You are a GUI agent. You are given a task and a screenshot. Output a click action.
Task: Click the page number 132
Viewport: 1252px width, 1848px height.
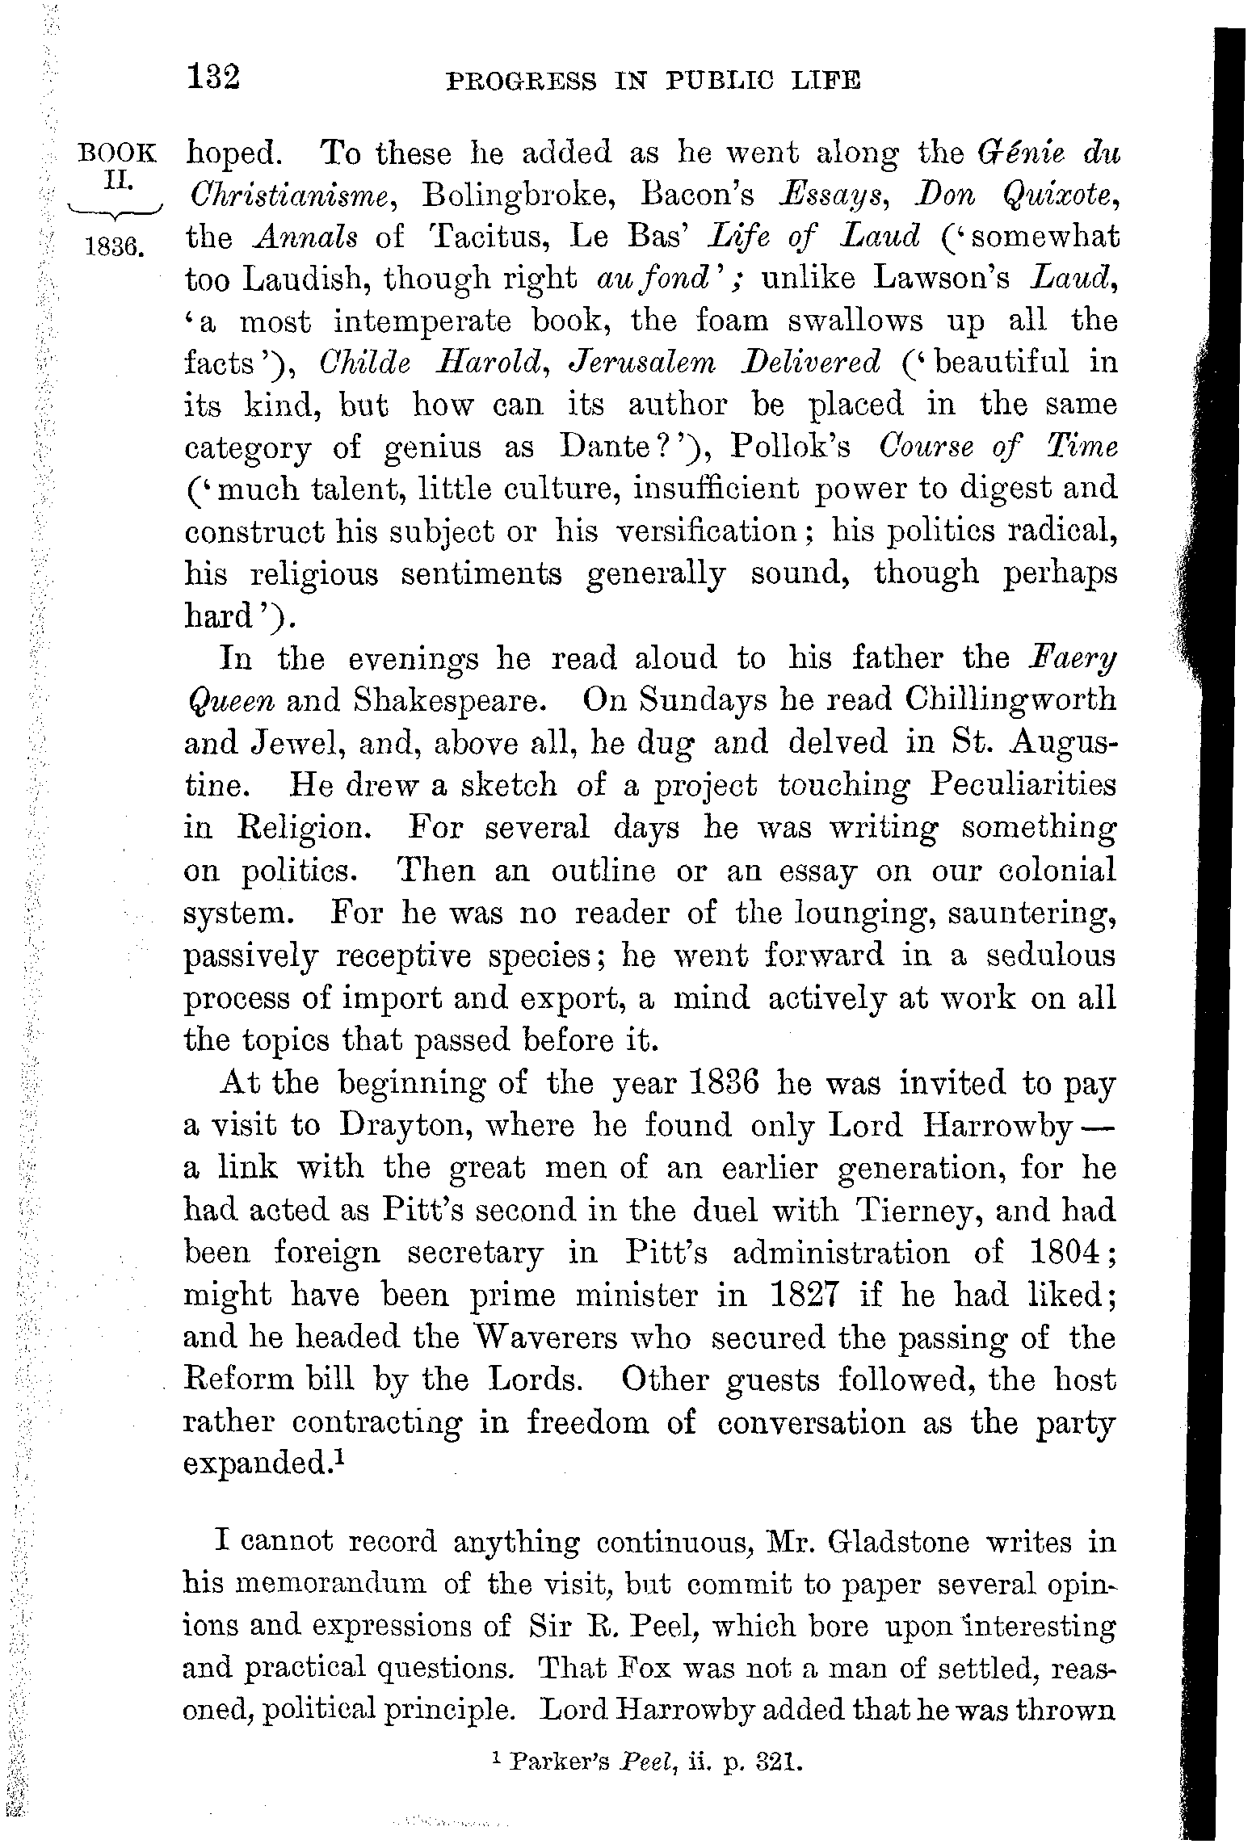pos(213,78)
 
